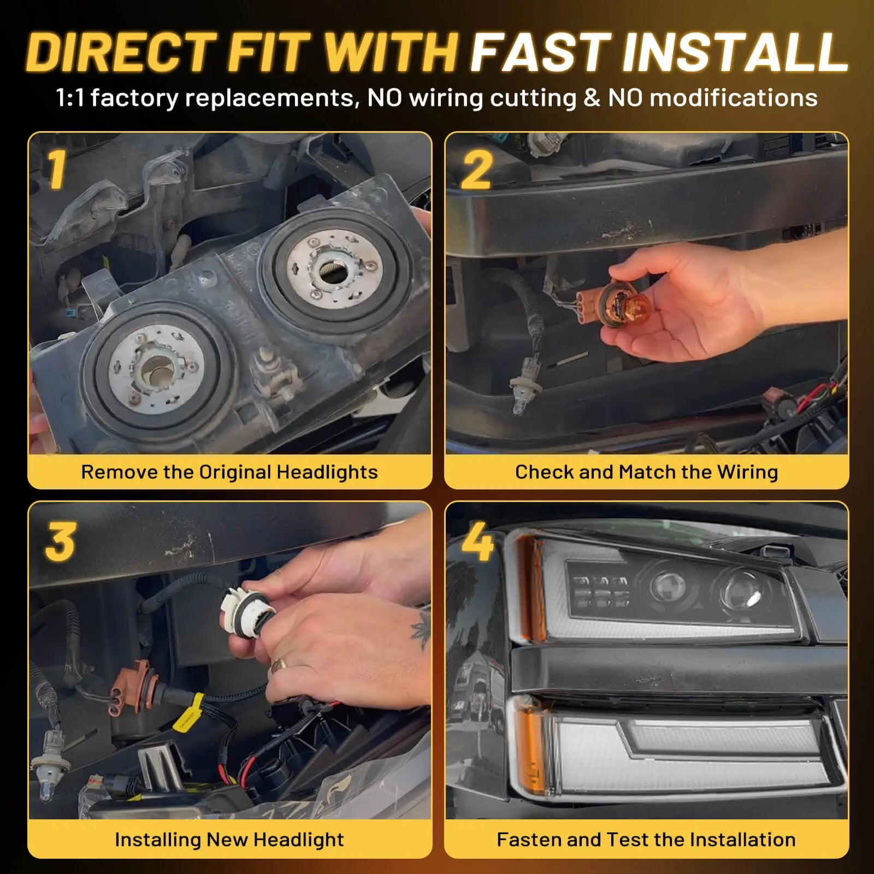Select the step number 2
coord(476,170)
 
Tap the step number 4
coord(477,542)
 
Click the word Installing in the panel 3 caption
coord(157,839)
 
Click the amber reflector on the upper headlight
coord(528,587)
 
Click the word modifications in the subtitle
coord(733,98)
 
